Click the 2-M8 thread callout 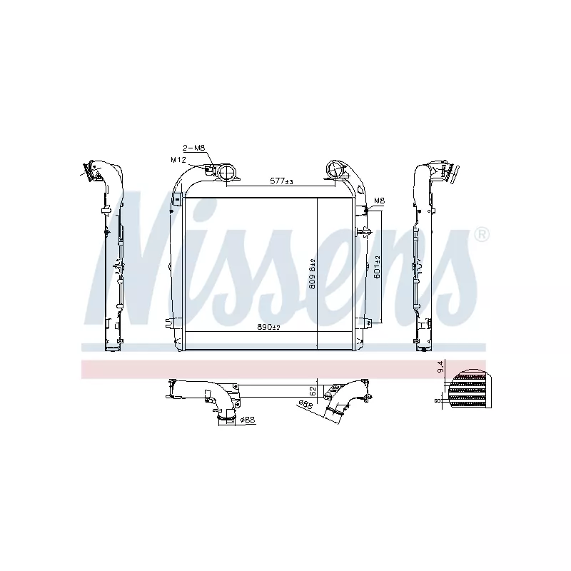click(x=195, y=148)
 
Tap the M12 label click(x=178, y=159)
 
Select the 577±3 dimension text click(x=281, y=182)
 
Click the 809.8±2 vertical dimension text click(x=312, y=273)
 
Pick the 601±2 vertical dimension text click(x=377, y=268)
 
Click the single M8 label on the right click(x=378, y=201)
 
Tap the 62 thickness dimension click(x=313, y=390)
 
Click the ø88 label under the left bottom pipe click(x=247, y=420)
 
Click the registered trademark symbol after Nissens click(x=482, y=233)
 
